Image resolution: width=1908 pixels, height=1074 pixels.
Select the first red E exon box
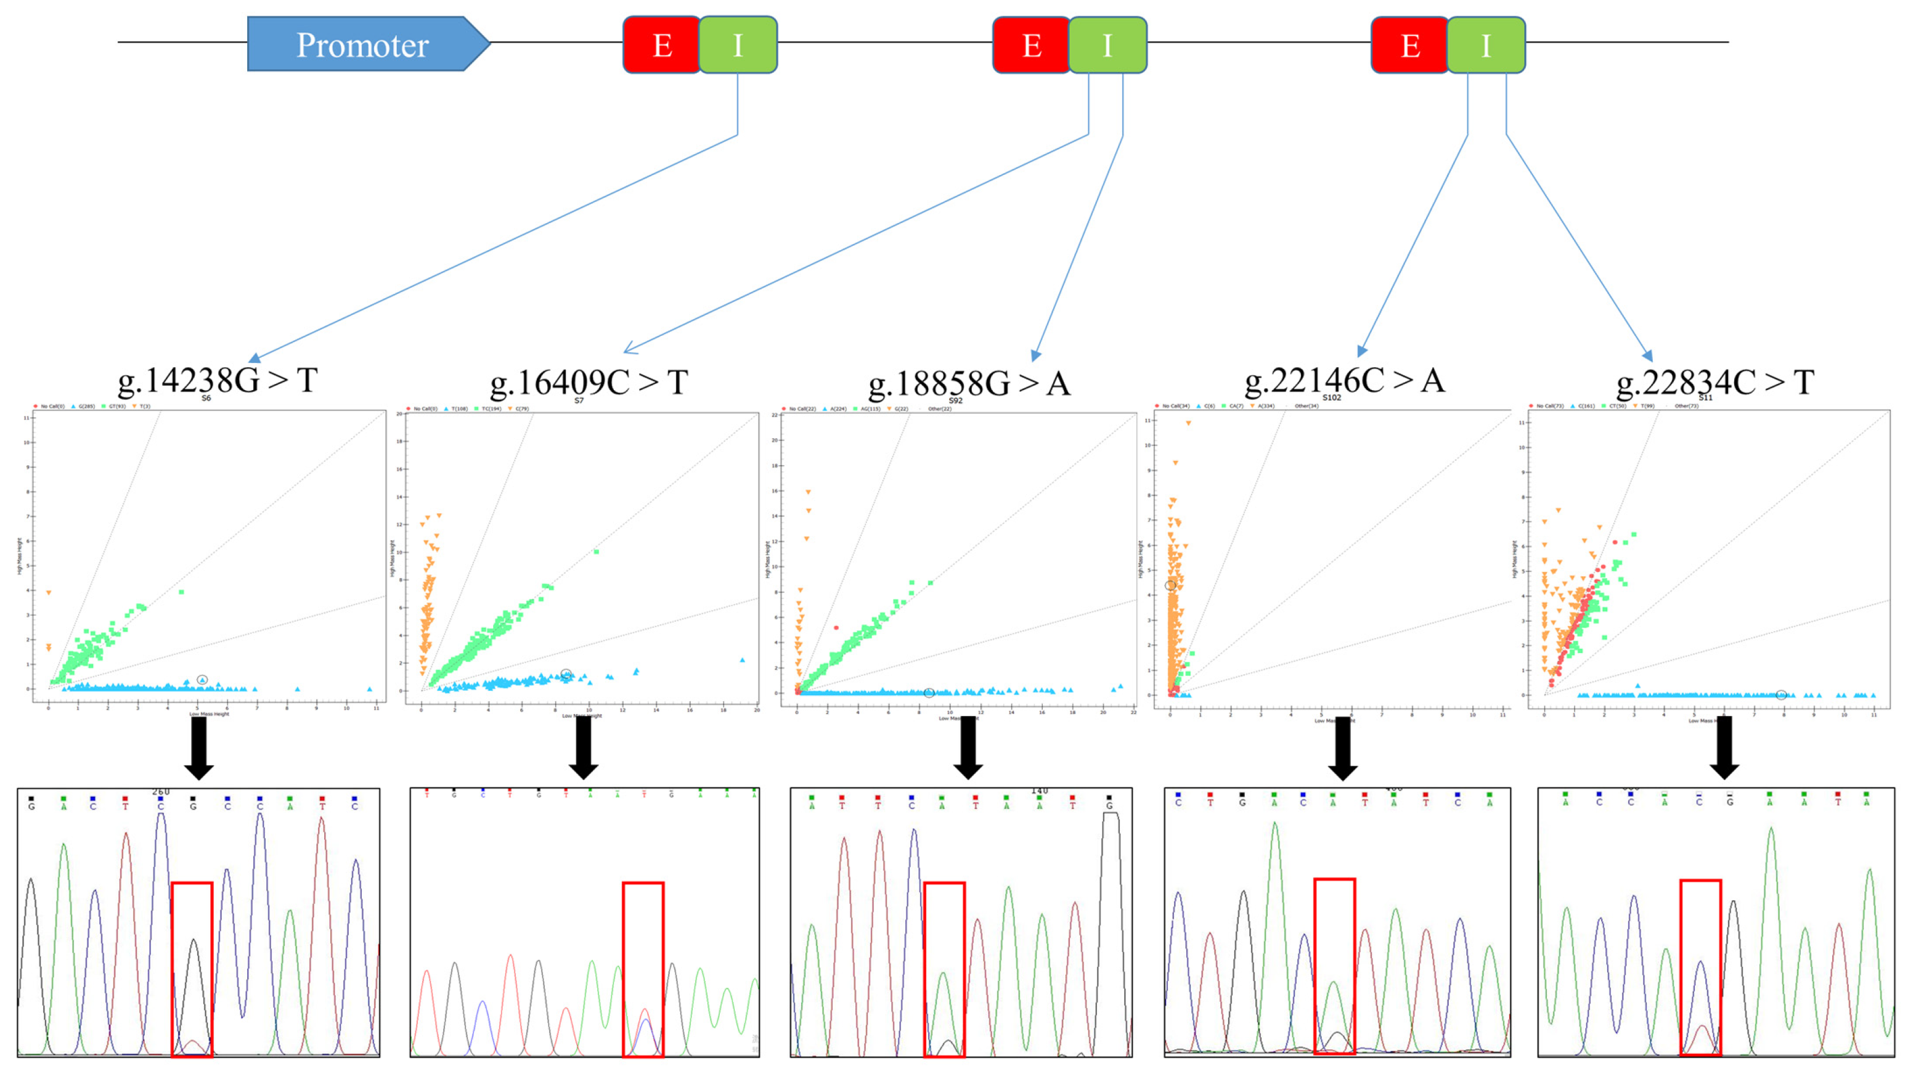(661, 45)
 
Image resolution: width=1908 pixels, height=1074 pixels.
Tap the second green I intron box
(1107, 45)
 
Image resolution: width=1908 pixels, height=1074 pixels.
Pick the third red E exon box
(1409, 45)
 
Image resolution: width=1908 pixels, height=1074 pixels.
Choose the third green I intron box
(1486, 45)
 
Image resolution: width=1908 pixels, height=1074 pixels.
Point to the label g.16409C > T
(589, 383)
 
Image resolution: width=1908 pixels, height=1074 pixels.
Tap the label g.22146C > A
(1344, 381)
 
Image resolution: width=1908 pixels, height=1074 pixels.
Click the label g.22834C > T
(1714, 383)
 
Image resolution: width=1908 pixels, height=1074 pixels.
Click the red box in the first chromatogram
(192, 969)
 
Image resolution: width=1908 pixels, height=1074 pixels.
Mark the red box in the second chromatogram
(643, 969)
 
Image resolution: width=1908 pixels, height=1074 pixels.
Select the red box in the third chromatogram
(944, 969)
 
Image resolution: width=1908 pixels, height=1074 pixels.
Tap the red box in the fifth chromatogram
(1700, 967)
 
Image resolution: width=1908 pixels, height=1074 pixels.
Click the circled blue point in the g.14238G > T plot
(202, 680)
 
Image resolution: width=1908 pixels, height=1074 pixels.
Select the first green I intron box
(738, 45)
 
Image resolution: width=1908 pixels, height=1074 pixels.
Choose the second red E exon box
(1031, 45)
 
